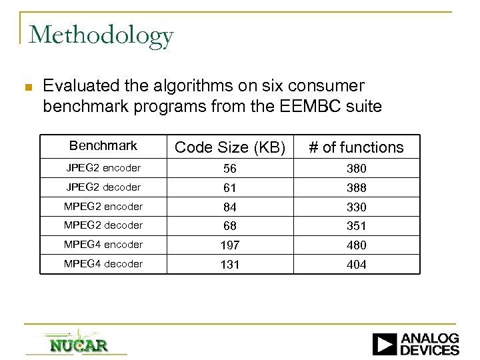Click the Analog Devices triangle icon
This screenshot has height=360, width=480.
(385, 343)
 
